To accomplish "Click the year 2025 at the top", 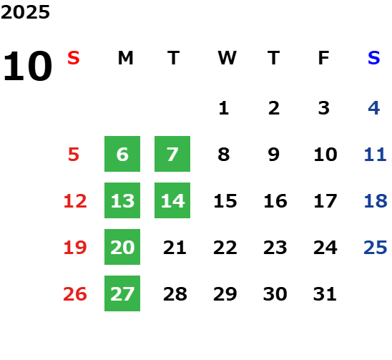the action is tap(25, 12).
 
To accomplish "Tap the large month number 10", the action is tap(27, 66).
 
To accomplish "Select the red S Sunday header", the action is tap(74, 58).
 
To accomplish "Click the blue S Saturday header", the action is tap(374, 58).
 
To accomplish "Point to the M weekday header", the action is tap(125, 58).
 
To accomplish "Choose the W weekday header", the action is tap(227, 58).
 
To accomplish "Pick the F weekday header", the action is tap(324, 58).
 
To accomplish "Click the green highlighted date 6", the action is tap(122, 154).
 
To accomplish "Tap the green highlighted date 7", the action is tap(172, 154).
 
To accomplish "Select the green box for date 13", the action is tap(122, 200).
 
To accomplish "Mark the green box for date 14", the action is tap(172, 200).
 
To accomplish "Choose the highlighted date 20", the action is tap(122, 247).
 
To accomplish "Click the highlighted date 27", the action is tap(122, 293).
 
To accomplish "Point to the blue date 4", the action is tap(374, 108).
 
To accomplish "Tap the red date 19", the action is tap(75, 248).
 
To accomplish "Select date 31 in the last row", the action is tap(325, 294).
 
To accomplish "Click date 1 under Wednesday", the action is tap(224, 108).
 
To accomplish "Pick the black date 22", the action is tap(225, 248).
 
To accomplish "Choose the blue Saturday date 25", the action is tap(376, 248).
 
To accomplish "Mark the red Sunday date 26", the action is tap(75, 294).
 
